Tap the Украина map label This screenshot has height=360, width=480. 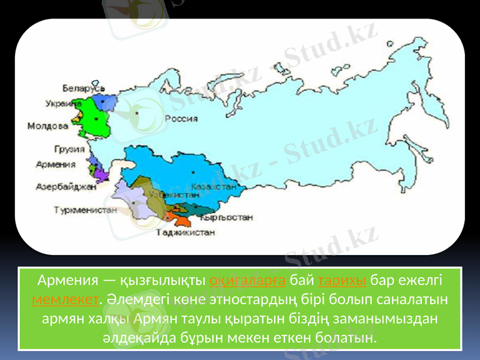point(63,103)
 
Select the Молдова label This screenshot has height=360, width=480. point(47,126)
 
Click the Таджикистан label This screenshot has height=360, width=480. point(185,232)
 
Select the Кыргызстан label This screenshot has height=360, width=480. point(227,218)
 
